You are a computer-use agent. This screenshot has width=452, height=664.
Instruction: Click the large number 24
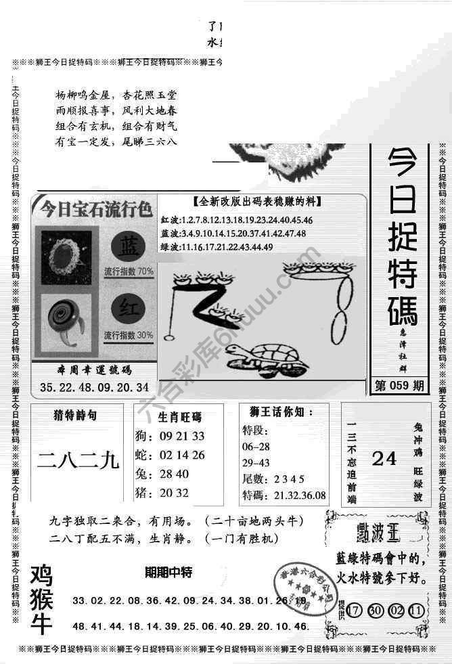384,459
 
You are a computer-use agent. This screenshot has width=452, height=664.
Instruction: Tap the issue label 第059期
401,387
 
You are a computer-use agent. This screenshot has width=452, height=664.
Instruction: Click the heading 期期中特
168,572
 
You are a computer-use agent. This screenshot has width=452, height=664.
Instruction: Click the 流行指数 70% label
129,271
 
